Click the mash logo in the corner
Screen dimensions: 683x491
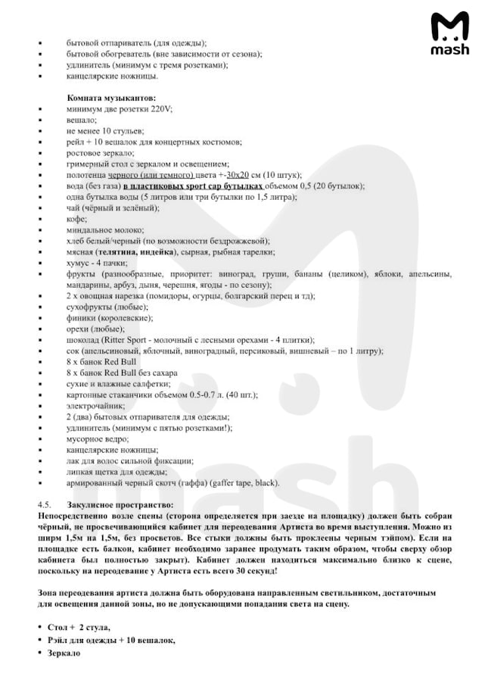tap(449, 35)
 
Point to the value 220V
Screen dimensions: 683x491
tap(161, 109)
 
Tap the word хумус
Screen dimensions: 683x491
tap(78, 264)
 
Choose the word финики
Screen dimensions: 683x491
tap(79, 318)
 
